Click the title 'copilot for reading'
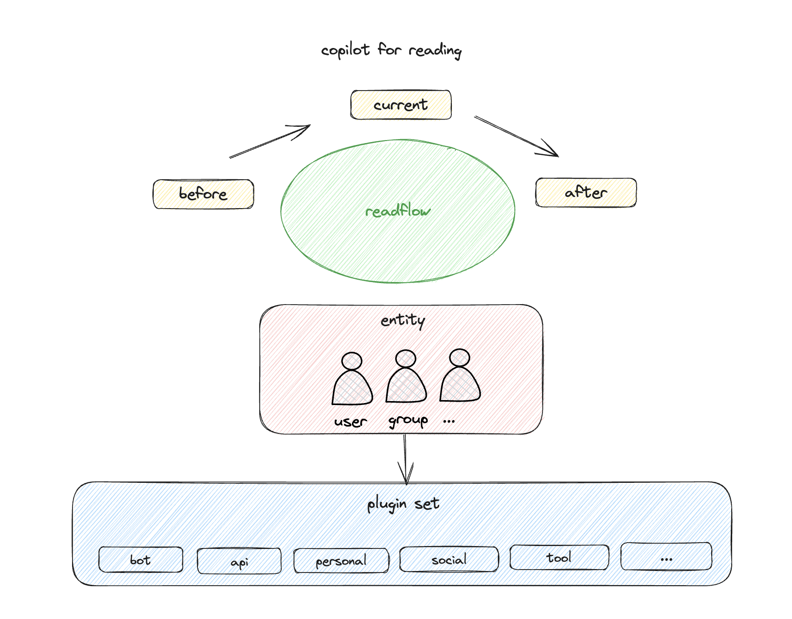tap(391, 50)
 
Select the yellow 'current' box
tap(401, 105)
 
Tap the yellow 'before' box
tap(203, 194)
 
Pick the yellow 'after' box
tap(586, 192)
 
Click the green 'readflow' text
tap(398, 212)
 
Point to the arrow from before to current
tap(270, 142)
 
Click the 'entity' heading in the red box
tap(403, 320)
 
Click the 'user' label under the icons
tap(350, 422)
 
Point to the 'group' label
tap(408, 421)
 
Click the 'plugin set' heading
tap(403, 504)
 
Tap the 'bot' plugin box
tap(141, 560)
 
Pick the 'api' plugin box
tap(239, 561)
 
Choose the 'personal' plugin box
tap(341, 561)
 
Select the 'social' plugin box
tap(449, 559)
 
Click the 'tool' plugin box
tap(559, 557)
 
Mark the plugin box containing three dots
tap(666, 557)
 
